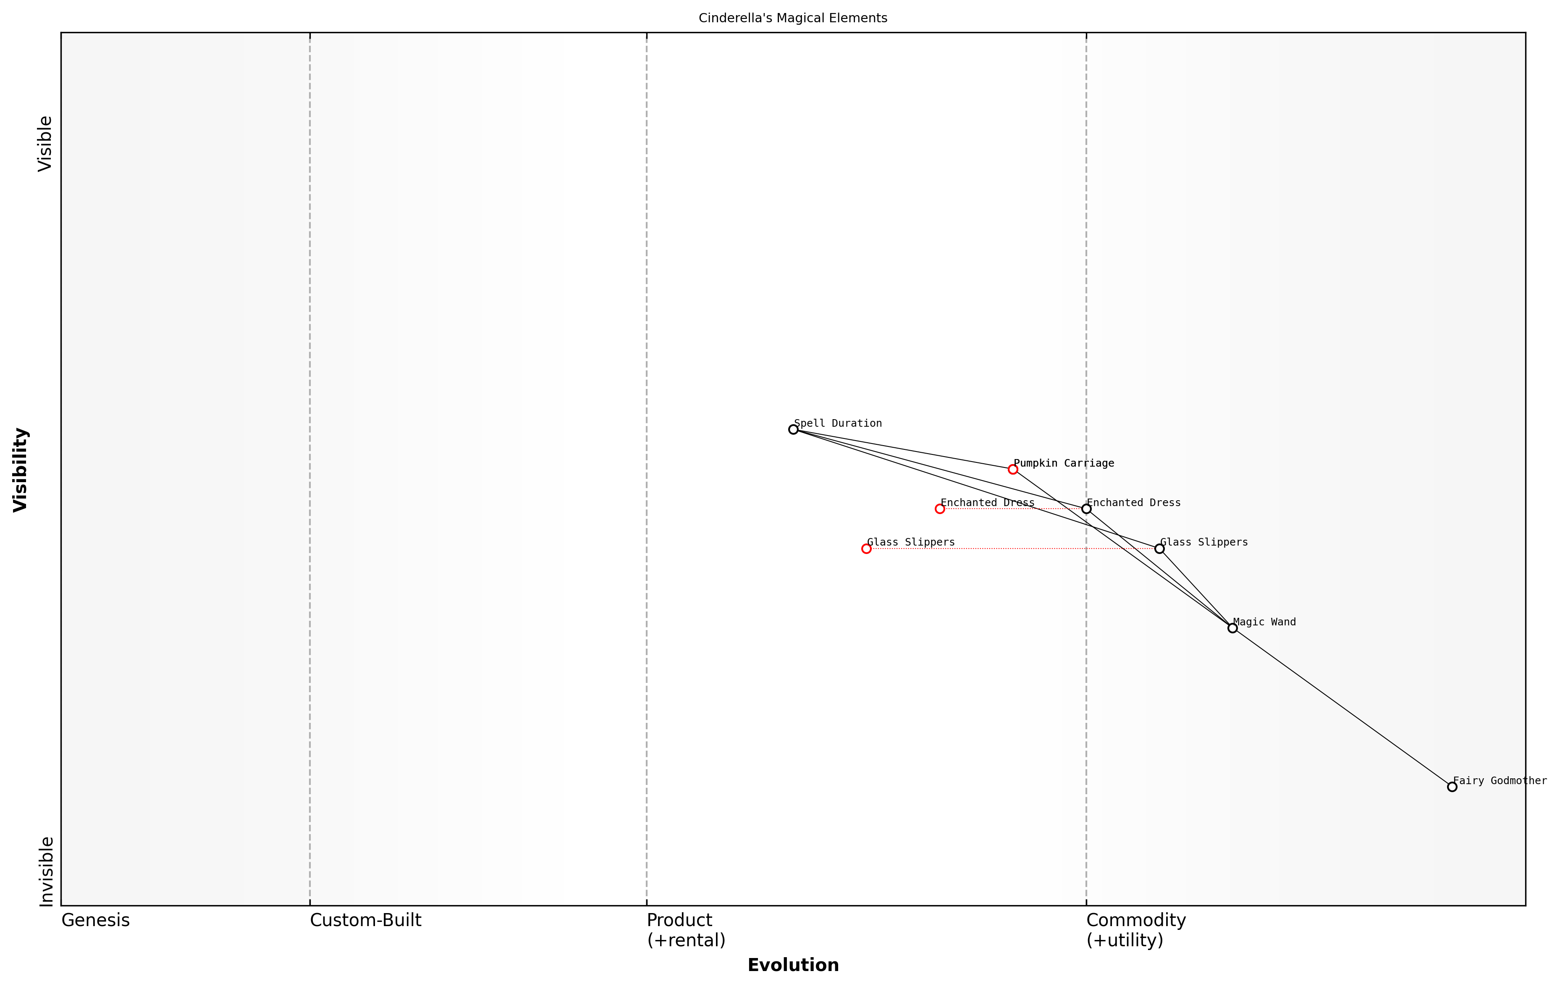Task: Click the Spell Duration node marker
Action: (793, 429)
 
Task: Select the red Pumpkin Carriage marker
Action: (1012, 469)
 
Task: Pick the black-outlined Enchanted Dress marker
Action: (1086, 509)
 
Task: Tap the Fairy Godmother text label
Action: (1500, 781)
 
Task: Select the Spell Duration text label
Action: (838, 423)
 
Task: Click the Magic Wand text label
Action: (1264, 622)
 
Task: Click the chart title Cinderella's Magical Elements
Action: (793, 18)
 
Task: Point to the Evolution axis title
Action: (793, 965)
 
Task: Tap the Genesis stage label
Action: (95, 920)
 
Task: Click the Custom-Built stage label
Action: (365, 920)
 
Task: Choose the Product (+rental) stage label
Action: (685, 930)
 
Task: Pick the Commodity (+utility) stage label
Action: (1135, 930)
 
